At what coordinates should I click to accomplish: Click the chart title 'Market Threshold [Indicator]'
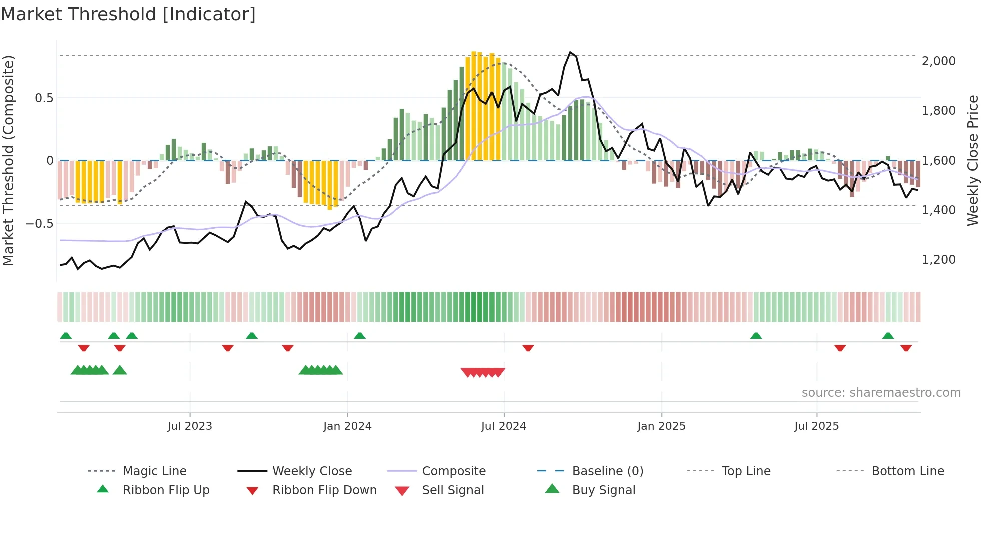[128, 14]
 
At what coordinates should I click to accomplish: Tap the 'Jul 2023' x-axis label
[190, 426]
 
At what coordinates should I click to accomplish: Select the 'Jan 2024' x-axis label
[347, 426]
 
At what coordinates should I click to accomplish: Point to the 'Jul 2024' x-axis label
[504, 426]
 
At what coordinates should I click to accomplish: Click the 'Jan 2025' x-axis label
[661, 426]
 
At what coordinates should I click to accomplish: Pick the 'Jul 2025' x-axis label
[816, 426]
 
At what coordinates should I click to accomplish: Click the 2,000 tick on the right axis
[938, 61]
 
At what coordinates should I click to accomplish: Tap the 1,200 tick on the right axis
[938, 260]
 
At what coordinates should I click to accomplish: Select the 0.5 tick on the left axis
[44, 98]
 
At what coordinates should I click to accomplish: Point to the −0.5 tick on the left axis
[40, 223]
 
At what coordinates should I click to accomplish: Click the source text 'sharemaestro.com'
[881, 393]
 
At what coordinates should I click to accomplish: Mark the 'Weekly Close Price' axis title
[972, 160]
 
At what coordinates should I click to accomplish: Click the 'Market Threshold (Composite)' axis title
[8, 160]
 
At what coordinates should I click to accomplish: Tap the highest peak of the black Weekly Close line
[570, 52]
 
